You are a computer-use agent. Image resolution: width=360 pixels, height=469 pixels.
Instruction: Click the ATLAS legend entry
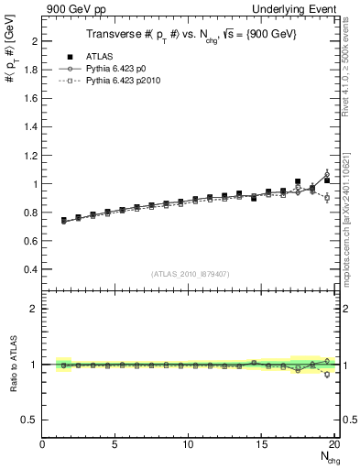coord(98,56)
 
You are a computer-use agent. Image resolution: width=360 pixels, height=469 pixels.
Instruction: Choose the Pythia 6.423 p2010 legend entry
coord(120,80)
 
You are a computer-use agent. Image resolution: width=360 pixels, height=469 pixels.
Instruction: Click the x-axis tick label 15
coord(262,444)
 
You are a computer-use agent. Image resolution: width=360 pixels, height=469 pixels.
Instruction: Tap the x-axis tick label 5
coord(115,444)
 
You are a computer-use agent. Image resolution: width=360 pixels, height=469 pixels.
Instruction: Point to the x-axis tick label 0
coord(43,444)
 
